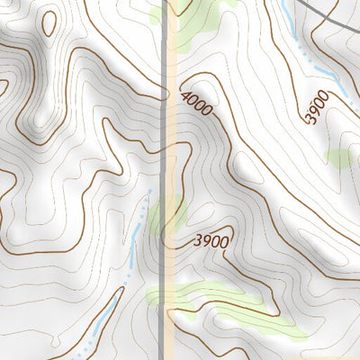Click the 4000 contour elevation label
197,103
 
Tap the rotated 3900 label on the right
316,107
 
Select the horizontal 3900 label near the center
211,241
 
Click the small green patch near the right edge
338,158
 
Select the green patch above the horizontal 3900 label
170,216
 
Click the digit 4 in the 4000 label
185,96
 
